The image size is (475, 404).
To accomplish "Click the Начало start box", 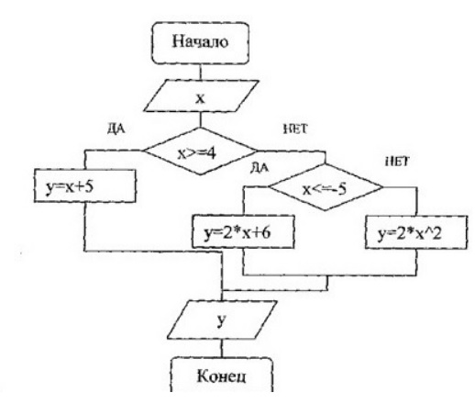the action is point(201,43).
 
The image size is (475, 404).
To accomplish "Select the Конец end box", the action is point(221,375).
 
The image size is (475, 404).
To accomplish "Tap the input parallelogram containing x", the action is point(201,96).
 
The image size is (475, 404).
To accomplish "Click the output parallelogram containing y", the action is point(222,320).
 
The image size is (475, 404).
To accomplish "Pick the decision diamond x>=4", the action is point(200,151).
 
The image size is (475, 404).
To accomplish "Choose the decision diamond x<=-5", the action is point(325,187).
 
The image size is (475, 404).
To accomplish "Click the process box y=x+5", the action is point(84,185).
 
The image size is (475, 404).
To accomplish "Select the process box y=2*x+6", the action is point(243,231).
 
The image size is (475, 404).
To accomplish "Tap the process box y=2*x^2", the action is point(416,232).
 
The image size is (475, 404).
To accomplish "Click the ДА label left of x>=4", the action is point(116,129).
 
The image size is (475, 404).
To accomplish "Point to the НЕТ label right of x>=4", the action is point(295,129).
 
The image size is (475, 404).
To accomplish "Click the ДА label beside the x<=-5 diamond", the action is point(260,168).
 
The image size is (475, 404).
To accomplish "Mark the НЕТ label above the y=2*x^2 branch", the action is point(397,162).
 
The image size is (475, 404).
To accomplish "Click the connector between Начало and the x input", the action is point(201,72).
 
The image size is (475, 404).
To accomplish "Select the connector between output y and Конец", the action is point(222,348).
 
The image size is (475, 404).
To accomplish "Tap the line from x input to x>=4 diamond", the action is point(201,119).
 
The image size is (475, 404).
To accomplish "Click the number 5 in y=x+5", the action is point(89,186).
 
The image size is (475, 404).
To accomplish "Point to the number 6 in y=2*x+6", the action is point(266,233).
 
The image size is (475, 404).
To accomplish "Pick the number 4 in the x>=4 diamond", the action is point(211,153).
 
